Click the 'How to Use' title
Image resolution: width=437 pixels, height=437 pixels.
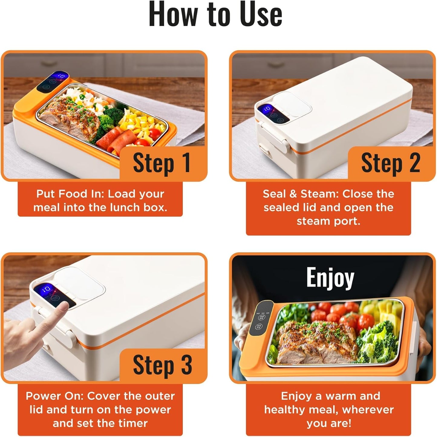click(x=215, y=15)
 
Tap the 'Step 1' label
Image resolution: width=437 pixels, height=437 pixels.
click(x=161, y=163)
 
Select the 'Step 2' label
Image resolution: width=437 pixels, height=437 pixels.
click(x=390, y=163)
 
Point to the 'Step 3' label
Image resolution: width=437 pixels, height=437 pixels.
click(x=162, y=365)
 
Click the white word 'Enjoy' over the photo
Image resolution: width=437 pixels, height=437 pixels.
click(x=330, y=277)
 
